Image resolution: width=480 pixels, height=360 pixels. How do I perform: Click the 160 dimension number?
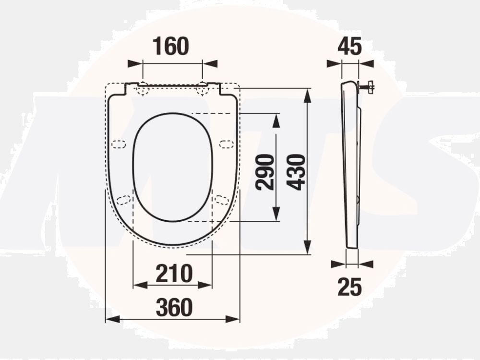[x=171, y=46]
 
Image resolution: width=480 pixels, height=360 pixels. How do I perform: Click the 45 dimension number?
[x=349, y=47]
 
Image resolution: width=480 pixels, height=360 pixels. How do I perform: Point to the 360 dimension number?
[x=174, y=307]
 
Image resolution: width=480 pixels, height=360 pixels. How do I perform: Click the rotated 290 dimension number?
[x=265, y=172]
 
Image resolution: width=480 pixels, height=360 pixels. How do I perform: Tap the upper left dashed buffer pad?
[x=118, y=144]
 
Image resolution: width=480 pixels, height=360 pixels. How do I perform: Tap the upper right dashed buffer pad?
[x=227, y=144]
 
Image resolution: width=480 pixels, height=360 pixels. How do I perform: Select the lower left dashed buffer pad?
[x=124, y=200]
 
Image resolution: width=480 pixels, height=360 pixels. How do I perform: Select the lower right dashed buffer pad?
[x=221, y=199]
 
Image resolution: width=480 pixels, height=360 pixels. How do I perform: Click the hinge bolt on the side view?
[x=367, y=87]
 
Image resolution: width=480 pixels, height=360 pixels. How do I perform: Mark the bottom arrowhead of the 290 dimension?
[x=276, y=216]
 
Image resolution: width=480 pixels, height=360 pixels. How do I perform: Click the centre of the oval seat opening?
[x=172, y=167]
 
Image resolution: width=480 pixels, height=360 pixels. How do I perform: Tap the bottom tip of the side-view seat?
[x=352, y=247]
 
